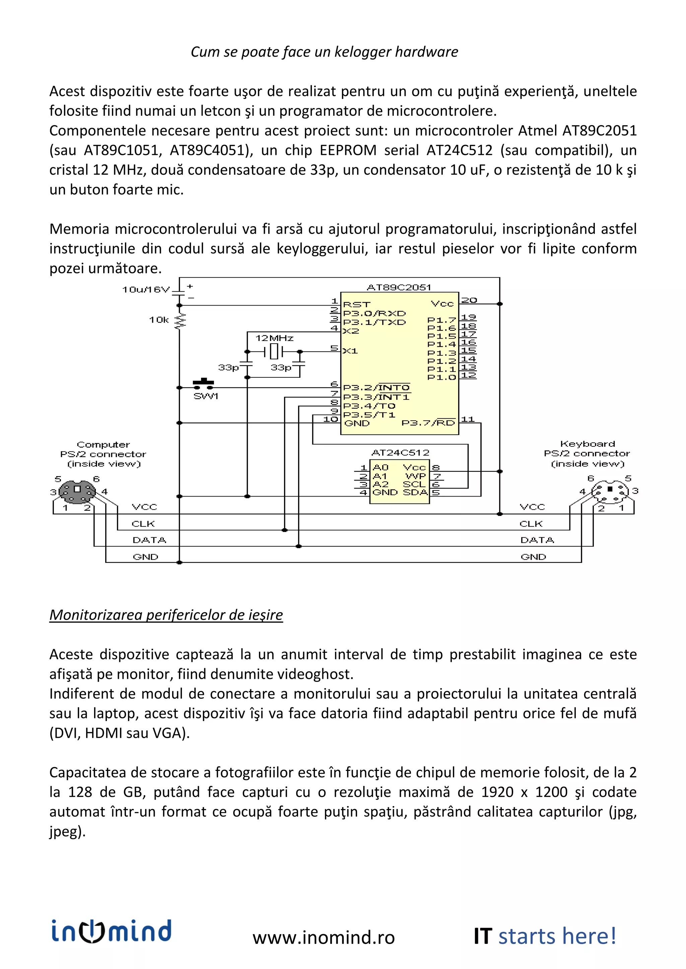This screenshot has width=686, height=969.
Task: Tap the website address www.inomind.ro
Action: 324,937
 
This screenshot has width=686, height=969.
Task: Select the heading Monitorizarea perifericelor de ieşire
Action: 166,614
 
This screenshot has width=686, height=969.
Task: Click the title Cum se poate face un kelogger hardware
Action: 324,52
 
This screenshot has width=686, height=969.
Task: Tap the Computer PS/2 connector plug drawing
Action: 77,491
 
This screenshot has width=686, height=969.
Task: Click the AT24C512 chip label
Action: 400,452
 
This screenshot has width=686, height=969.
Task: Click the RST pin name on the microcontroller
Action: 356,304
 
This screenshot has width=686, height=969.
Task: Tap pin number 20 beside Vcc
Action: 469,300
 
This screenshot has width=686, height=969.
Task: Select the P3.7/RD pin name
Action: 428,423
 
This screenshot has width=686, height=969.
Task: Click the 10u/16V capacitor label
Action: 146,289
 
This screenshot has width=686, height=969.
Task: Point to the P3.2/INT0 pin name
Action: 376,387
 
